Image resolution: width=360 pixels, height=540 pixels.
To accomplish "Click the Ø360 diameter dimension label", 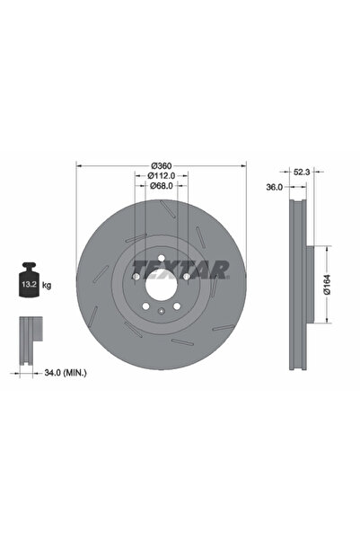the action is (x=162, y=165).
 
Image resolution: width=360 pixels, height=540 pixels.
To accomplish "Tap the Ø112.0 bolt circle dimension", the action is (x=162, y=175).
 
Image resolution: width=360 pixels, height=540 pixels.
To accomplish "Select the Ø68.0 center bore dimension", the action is (x=162, y=186).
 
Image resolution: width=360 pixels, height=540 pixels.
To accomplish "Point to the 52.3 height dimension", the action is (x=302, y=172).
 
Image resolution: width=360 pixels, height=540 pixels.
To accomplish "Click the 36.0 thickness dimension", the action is (x=275, y=187).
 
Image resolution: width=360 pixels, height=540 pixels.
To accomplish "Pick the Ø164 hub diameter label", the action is (x=327, y=284).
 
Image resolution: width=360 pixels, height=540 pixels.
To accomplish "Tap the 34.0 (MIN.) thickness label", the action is (x=66, y=372).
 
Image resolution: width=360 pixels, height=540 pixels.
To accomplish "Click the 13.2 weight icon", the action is (x=29, y=279).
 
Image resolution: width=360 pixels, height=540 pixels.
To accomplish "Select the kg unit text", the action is (x=47, y=285).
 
